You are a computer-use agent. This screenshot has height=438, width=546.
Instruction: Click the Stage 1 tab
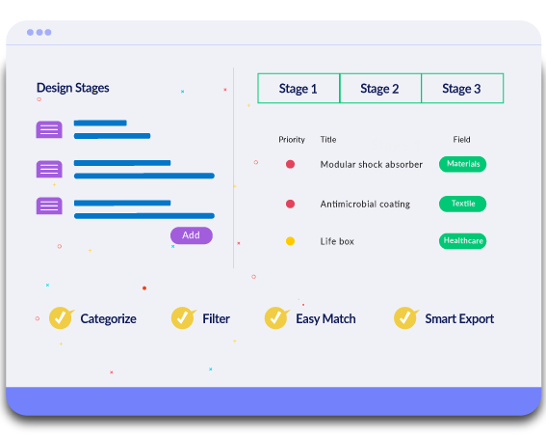pos(299,88)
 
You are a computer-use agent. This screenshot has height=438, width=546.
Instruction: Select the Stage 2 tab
pos(380,88)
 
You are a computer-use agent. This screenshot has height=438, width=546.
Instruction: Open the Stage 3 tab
pos(462,88)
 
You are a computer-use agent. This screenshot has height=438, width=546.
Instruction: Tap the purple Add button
pos(192,235)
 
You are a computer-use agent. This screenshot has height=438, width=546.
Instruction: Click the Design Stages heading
pos(73,88)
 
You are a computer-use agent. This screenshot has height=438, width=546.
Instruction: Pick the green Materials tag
pos(463,164)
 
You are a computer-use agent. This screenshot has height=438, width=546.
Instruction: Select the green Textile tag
pos(463,204)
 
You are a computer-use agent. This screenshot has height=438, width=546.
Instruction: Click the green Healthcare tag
pos(463,241)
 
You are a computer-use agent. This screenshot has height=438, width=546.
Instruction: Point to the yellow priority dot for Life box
pos(291,241)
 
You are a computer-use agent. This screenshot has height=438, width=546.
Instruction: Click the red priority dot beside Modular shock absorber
pos(291,164)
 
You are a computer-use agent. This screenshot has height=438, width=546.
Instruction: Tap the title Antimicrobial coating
pos(365,204)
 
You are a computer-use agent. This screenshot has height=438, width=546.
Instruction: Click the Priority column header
pos(292,140)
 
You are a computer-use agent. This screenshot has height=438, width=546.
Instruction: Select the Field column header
pos(461,140)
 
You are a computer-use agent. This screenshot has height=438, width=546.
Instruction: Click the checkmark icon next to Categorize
pos(61,317)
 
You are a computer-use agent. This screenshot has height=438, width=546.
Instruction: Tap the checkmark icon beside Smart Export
pos(405,317)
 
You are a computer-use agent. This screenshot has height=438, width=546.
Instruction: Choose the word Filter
pos(217,318)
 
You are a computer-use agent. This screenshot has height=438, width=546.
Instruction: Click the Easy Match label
pos(325,319)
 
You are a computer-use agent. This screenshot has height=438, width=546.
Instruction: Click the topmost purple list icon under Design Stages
pos(49,129)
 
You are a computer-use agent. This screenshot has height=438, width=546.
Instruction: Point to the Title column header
pos(328,140)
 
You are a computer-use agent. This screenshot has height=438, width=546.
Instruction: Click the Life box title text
pos(337,241)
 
